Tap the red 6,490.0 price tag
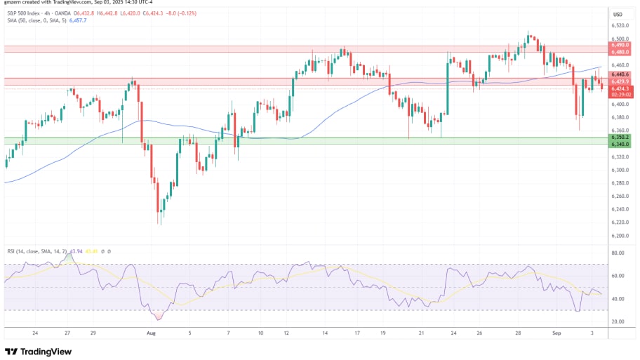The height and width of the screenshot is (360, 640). point(619,45)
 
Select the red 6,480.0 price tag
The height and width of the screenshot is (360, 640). point(619,52)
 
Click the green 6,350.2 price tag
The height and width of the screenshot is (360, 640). point(619,138)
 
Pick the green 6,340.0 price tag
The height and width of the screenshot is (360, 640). point(619,145)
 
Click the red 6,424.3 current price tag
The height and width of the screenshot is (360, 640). point(619,88)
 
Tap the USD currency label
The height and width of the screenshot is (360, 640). point(618,14)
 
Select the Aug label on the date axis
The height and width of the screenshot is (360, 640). point(149,334)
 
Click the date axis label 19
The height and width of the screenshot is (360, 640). point(382,334)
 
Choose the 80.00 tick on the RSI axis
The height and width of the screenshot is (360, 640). point(618,253)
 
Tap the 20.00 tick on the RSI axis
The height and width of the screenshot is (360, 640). point(618,321)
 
